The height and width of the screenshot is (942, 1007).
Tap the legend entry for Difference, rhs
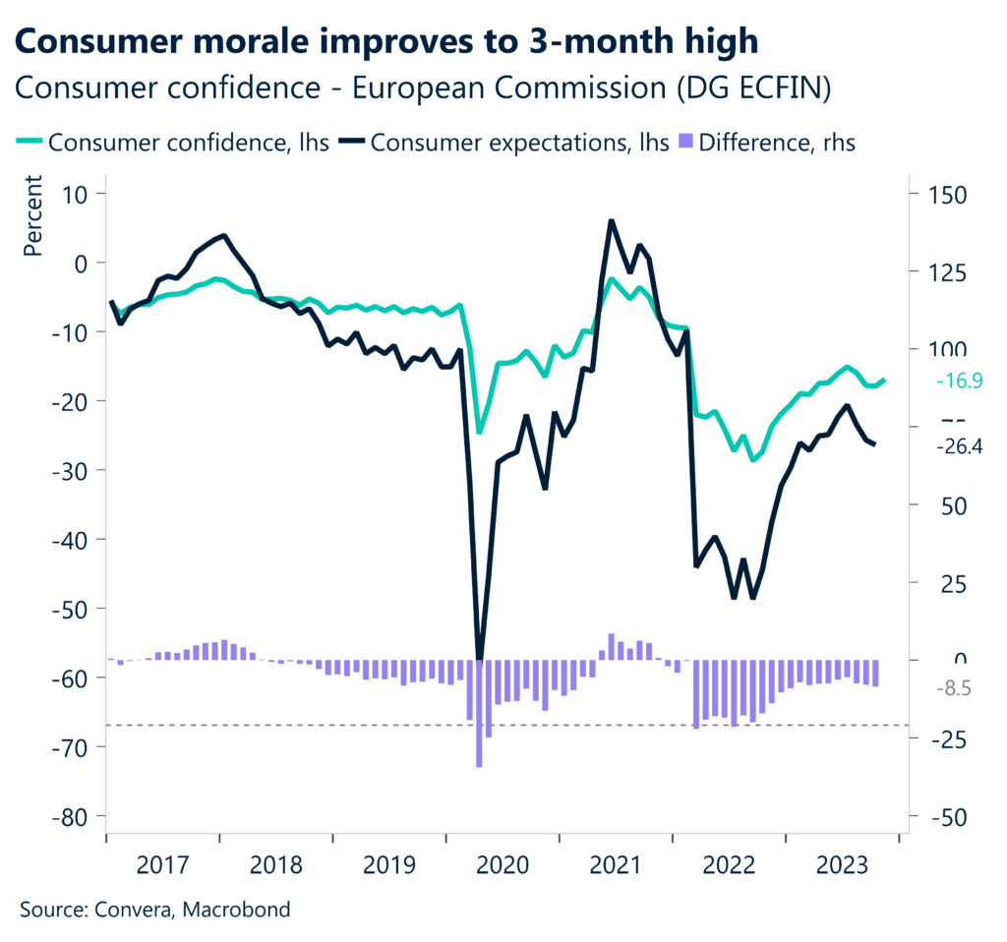click(767, 142)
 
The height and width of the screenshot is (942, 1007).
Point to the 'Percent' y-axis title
click(33, 217)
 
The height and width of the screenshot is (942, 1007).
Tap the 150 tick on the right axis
click(939, 194)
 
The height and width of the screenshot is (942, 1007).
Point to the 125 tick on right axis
click(939, 271)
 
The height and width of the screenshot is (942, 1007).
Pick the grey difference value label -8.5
click(953, 689)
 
